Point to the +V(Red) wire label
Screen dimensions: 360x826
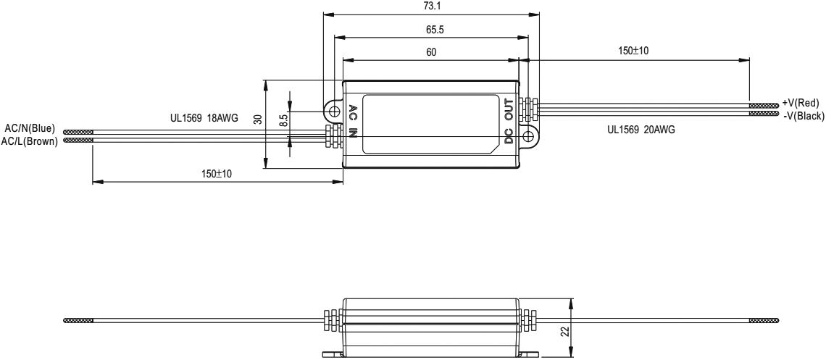click(801, 104)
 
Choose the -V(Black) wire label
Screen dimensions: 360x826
click(803, 114)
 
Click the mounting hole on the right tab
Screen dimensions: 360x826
click(528, 135)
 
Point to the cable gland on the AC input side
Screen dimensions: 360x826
click(333, 135)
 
